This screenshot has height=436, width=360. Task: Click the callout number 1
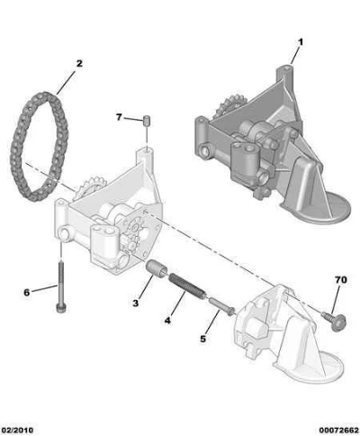pyautogui.click(x=300, y=42)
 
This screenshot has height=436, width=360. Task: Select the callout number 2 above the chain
pyautogui.click(x=79, y=64)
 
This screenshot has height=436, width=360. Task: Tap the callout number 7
pyautogui.click(x=119, y=117)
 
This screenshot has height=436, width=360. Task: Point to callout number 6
pyautogui.click(x=27, y=293)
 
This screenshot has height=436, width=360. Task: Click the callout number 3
pyautogui.click(x=136, y=304)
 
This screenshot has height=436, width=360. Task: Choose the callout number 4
pyautogui.click(x=167, y=321)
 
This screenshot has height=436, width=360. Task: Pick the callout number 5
pyautogui.click(x=203, y=339)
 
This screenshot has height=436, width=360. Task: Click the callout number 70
pyautogui.click(x=341, y=280)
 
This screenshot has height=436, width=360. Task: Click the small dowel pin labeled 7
pyautogui.click(x=147, y=121)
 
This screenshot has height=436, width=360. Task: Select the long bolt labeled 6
pyautogui.click(x=61, y=287)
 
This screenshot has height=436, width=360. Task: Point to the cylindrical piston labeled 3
pyautogui.click(x=157, y=268)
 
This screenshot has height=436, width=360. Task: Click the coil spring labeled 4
pyautogui.click(x=187, y=286)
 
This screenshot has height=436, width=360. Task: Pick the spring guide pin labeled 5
pyautogui.click(x=222, y=306)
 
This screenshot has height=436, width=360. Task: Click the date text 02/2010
pyautogui.click(x=17, y=430)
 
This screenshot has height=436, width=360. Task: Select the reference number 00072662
pyautogui.click(x=338, y=430)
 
